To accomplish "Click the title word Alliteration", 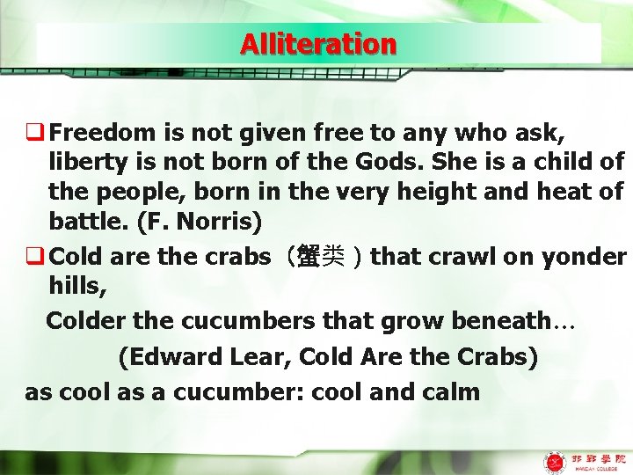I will [x=318, y=44].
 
